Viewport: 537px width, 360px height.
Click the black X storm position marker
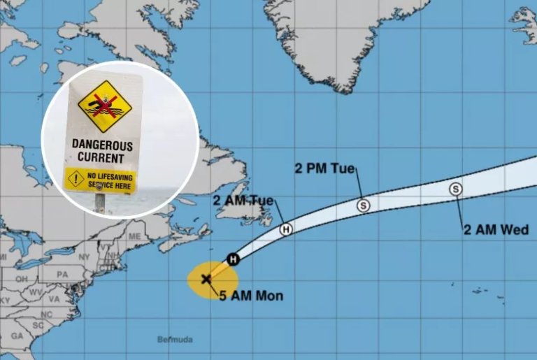click(x=206, y=279)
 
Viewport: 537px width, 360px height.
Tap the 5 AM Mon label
click(x=251, y=296)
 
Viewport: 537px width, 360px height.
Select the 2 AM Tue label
click(x=243, y=201)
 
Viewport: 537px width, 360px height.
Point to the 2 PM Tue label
click(x=325, y=168)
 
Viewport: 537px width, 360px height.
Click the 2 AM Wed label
click(x=496, y=229)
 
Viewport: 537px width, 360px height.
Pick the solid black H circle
click(x=234, y=259)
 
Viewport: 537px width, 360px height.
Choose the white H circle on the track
click(x=285, y=229)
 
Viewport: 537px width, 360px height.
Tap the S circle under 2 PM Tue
click(x=363, y=206)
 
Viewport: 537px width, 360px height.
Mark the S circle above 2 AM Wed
click(x=456, y=189)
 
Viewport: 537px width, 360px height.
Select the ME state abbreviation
click(x=134, y=236)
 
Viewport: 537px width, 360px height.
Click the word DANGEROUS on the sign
click(x=102, y=145)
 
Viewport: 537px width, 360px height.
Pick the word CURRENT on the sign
click(x=102, y=158)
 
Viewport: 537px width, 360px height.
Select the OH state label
click(x=22, y=278)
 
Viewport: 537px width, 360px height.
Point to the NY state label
click(x=85, y=257)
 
